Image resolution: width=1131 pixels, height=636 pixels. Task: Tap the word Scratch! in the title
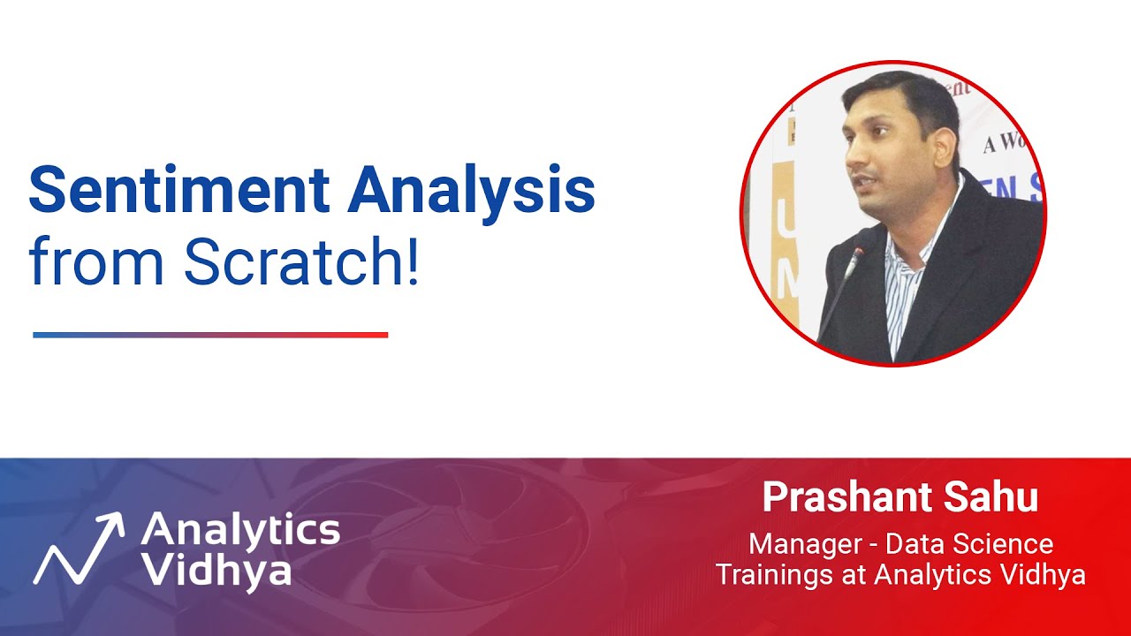(300, 262)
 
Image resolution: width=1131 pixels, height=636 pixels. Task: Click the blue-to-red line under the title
(210, 335)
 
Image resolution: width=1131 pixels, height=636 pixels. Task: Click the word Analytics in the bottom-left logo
(239, 530)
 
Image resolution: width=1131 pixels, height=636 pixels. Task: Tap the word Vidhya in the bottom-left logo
(216, 571)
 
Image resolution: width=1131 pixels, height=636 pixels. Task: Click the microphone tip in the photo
(856, 254)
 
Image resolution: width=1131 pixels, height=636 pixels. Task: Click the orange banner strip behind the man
(786, 247)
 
